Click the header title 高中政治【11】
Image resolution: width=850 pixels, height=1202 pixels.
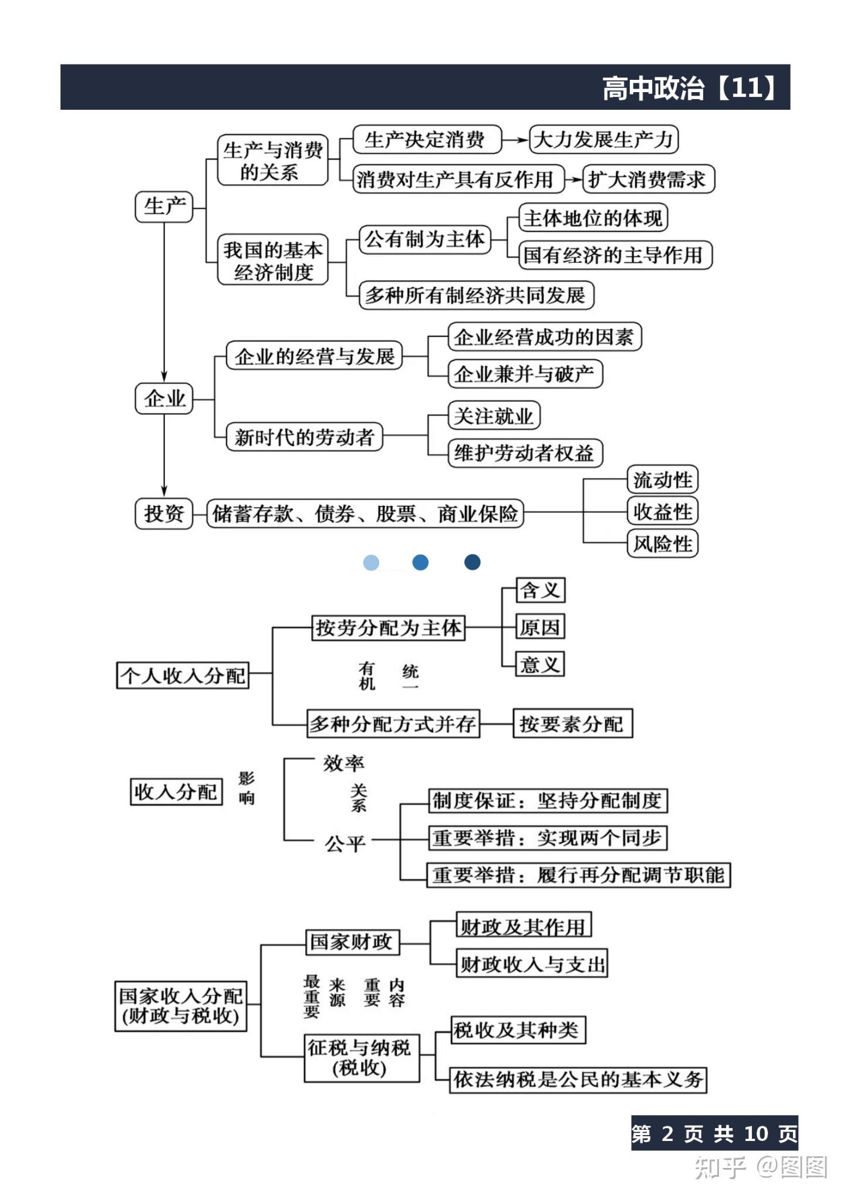point(690,88)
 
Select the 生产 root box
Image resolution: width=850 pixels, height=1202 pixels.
point(164,207)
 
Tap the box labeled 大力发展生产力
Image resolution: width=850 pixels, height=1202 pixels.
point(603,140)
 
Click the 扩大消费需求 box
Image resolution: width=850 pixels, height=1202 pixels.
point(647,179)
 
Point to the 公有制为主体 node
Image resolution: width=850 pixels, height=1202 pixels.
point(425,239)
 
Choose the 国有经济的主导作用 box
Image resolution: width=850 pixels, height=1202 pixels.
point(614,255)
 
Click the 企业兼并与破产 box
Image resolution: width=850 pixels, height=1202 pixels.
point(525,374)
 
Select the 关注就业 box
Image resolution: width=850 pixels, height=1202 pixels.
point(494,416)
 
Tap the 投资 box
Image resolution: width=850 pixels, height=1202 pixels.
point(164,514)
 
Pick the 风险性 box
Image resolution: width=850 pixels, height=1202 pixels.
point(662,543)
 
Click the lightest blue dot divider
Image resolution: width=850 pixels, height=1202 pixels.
point(371,563)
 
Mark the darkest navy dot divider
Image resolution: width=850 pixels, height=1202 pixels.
point(472,562)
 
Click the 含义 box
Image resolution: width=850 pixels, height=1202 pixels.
point(540,590)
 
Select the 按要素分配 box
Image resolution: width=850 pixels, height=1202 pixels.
point(572,724)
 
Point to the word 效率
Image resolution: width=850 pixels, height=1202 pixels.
point(344,764)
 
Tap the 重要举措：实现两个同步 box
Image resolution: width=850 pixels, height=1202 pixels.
point(547,838)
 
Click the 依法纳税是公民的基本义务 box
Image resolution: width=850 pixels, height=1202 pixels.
point(578,1079)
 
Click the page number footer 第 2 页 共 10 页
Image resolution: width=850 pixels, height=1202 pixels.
point(714,1133)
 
